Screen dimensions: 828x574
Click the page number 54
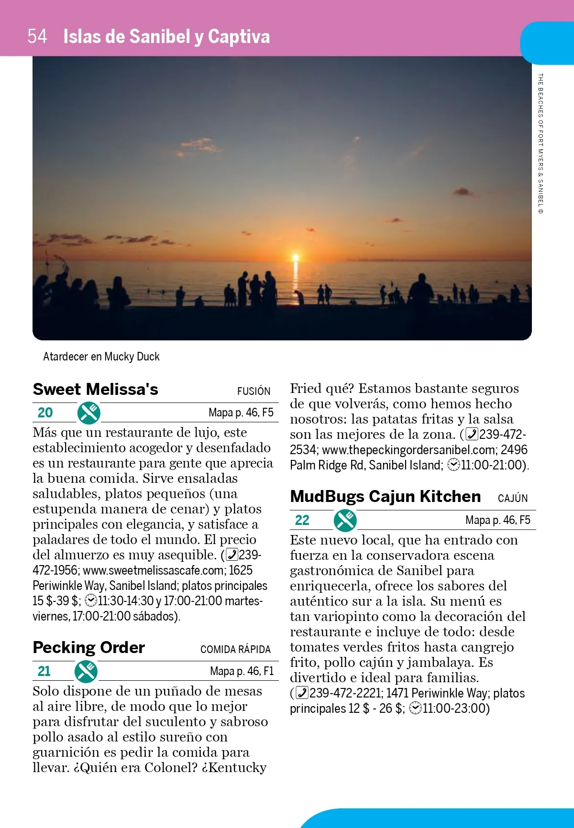pyautogui.click(x=37, y=36)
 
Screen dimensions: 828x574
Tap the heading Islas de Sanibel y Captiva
pyautogui.click(x=166, y=37)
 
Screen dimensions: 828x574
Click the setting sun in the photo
pyautogui.click(x=296, y=257)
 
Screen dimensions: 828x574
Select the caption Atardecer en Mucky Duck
pyautogui.click(x=101, y=357)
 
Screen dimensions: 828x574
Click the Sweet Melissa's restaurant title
pyautogui.click(x=95, y=389)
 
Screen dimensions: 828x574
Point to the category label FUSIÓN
pyautogui.click(x=254, y=391)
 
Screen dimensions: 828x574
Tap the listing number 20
pyautogui.click(x=45, y=413)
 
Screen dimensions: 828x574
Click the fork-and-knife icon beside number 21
pyautogui.click(x=86, y=671)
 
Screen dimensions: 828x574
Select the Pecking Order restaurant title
pyautogui.click(x=88, y=647)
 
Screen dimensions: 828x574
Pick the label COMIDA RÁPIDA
pyautogui.click(x=235, y=649)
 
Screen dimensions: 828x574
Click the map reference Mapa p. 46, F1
pyautogui.click(x=242, y=671)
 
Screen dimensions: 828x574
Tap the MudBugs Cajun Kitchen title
pyautogui.click(x=385, y=496)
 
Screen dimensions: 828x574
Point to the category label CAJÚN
pyautogui.click(x=513, y=498)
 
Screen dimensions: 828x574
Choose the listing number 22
pyautogui.click(x=302, y=520)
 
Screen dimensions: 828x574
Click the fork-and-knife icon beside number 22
pyautogui.click(x=345, y=520)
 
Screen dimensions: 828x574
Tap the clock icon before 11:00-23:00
pyautogui.click(x=416, y=708)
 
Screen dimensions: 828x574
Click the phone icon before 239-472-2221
pyautogui.click(x=302, y=693)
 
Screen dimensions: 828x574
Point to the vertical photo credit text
pyautogui.click(x=541, y=143)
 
